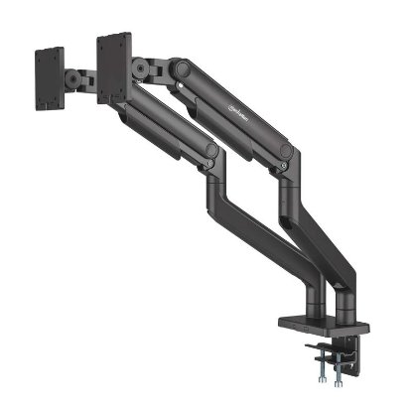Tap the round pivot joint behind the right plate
pos(140,69)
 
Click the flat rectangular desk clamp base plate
pos(328,325)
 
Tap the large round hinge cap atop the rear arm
pos(181,69)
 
